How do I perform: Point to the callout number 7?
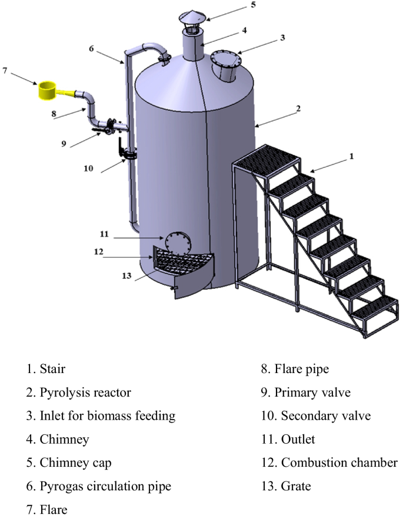point(5,71)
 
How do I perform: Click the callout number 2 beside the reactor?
point(298,108)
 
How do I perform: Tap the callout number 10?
point(88,168)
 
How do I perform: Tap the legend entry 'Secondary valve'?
point(318,416)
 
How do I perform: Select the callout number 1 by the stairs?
point(352,157)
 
